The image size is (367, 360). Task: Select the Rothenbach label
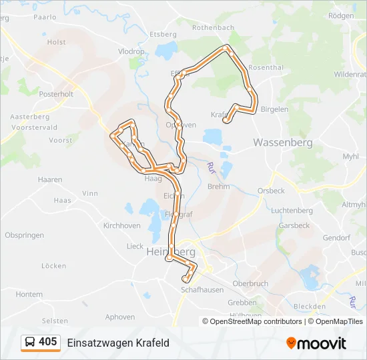pos(213,27)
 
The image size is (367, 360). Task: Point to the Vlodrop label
pos(131,51)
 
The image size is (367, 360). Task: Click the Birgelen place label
pos(274,109)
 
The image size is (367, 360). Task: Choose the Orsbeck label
pos(271,190)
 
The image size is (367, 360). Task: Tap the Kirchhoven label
pos(121,225)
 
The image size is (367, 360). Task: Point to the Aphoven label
pos(120,317)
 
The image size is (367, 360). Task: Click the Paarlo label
pos(45,17)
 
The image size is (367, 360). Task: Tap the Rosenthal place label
pos(266,67)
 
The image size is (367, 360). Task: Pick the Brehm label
pos(218,187)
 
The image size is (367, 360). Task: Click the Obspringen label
pos(24,235)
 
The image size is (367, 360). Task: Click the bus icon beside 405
pos(30,343)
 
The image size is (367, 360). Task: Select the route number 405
pos(48,342)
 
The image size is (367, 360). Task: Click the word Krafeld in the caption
pos(150,343)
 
